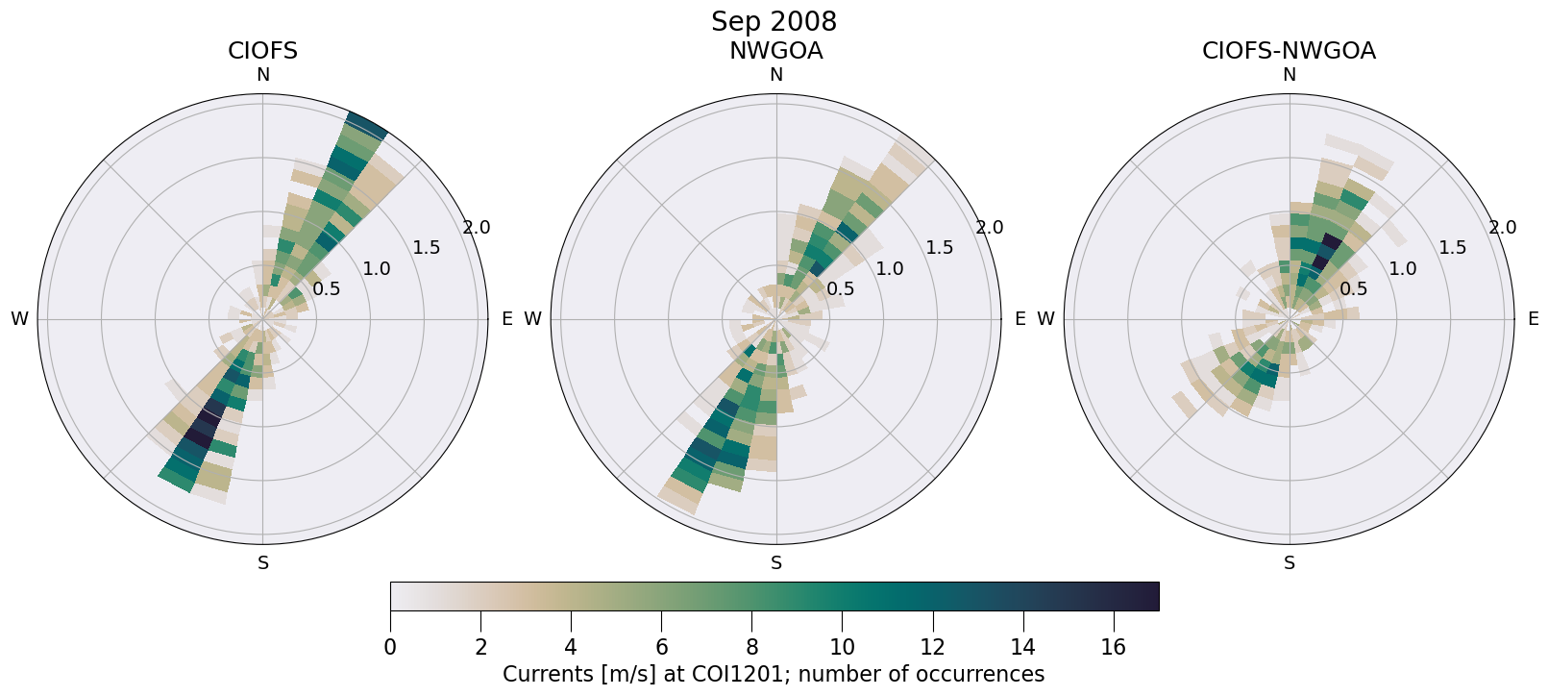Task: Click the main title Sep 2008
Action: pyautogui.click(x=774, y=21)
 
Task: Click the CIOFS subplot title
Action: pyautogui.click(x=262, y=51)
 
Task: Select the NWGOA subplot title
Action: pyautogui.click(x=775, y=51)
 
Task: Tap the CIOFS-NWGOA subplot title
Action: pyautogui.click(x=1289, y=51)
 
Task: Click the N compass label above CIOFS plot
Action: pyautogui.click(x=262, y=75)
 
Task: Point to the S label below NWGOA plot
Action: pyautogui.click(x=776, y=563)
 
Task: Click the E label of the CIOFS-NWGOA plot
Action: pyautogui.click(x=1534, y=319)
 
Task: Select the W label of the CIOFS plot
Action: pyautogui.click(x=19, y=319)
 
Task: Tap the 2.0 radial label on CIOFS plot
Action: pyautogui.click(x=477, y=228)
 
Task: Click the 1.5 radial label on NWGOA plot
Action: pyautogui.click(x=940, y=248)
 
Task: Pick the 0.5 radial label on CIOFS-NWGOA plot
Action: pyautogui.click(x=1353, y=289)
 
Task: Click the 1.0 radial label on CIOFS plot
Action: pyautogui.click(x=377, y=269)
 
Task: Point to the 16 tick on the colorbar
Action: pyautogui.click(x=1113, y=647)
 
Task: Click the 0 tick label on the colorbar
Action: pyautogui.click(x=390, y=647)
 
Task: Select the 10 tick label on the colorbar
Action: pyautogui.click(x=842, y=647)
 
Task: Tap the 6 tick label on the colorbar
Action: pyautogui.click(x=661, y=647)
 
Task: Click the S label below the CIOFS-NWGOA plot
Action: pyautogui.click(x=1290, y=563)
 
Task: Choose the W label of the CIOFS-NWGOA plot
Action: pyautogui.click(x=1045, y=319)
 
